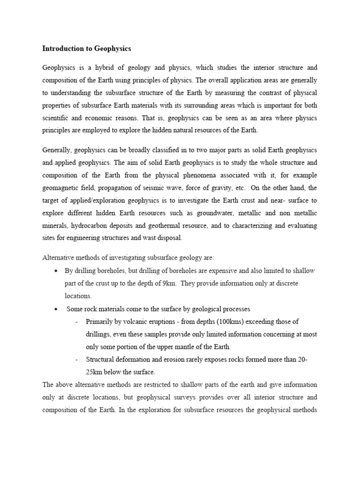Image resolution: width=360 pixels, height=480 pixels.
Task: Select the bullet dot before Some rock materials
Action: [x=56, y=309]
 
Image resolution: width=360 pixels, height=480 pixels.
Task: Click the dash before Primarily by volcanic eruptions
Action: [x=76, y=322]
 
